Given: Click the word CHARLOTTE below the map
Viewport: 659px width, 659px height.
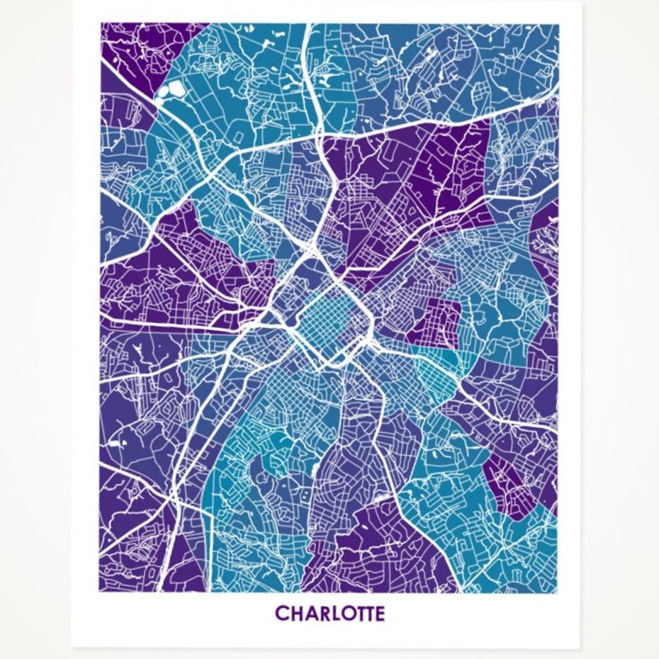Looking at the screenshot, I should click(x=329, y=613).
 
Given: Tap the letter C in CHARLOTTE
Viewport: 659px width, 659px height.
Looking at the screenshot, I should click(x=281, y=613).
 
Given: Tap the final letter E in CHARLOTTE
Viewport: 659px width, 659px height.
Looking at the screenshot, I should click(x=380, y=613).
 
